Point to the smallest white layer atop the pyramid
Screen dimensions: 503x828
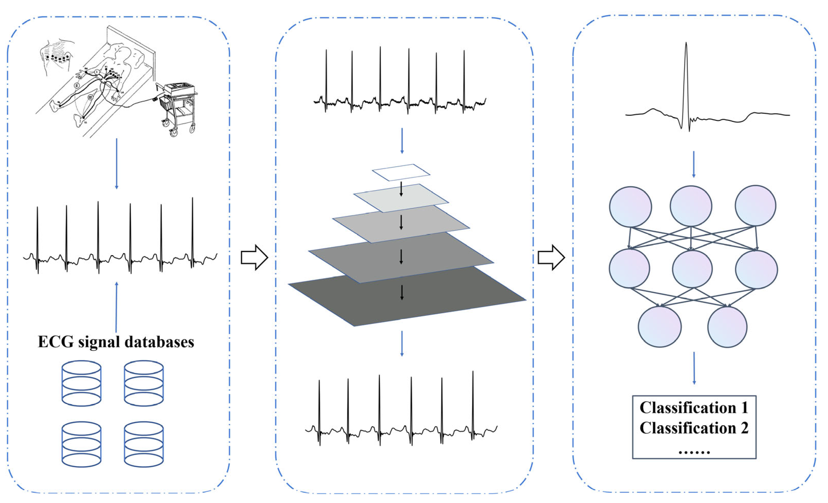(x=401, y=172)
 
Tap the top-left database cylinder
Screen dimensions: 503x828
(x=81, y=383)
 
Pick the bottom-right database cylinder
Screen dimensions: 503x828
(x=144, y=444)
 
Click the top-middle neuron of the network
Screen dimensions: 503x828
(x=691, y=206)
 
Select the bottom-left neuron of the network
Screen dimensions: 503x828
(x=660, y=327)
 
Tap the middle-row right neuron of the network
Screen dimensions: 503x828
(x=756, y=269)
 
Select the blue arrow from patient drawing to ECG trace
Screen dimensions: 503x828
(x=117, y=164)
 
